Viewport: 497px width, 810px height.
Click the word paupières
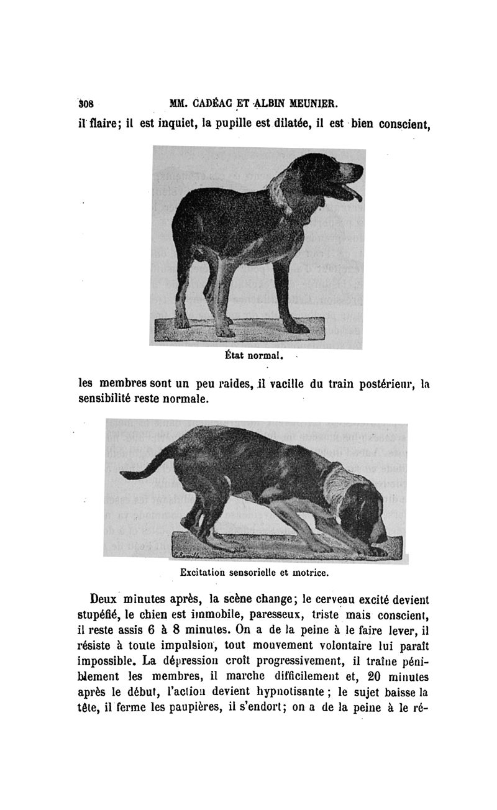pos(191,707)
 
